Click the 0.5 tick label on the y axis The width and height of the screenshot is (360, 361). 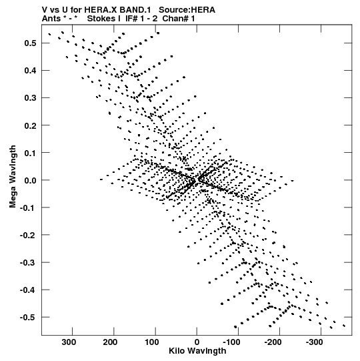pos(30,43)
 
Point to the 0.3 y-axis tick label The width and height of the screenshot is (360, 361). pos(30,98)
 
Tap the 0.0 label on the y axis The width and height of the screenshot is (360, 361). pos(30,180)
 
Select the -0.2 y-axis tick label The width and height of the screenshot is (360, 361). pos(28,235)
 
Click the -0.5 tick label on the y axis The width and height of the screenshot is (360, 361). pos(28,318)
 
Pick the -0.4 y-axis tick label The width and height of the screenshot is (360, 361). pos(28,290)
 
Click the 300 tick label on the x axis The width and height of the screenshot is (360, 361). pos(69,342)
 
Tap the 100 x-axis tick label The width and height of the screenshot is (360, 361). pos(151,342)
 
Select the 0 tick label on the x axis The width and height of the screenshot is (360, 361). pos(197,342)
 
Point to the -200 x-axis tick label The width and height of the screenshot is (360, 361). pos(273,342)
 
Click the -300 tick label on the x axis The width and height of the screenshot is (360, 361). pos(315,342)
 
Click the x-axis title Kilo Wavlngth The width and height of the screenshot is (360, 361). pos(197,351)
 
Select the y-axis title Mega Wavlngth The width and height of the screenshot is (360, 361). pos(13,177)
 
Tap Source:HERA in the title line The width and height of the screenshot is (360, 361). pos(187,10)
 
